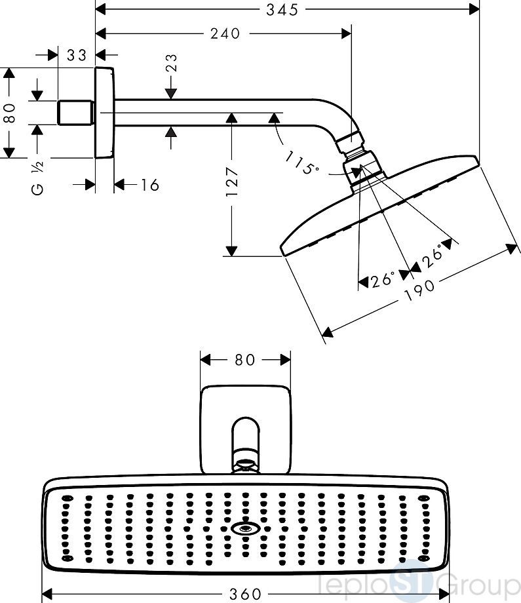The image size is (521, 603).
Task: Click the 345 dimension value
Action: (282, 10)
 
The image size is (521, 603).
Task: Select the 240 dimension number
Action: (225, 34)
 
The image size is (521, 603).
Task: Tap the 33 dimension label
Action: (76, 55)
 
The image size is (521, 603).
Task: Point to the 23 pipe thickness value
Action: (172, 63)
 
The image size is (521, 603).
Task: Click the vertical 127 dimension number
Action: (232, 182)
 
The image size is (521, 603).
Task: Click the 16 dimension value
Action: (149, 185)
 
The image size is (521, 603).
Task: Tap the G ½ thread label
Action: (37, 178)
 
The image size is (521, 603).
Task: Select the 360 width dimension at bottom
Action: (245, 594)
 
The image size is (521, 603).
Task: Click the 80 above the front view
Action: (244, 360)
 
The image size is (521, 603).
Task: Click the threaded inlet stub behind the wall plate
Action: (76, 113)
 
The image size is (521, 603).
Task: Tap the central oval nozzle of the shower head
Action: (244, 529)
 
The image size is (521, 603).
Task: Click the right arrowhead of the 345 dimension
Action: (475, 10)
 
